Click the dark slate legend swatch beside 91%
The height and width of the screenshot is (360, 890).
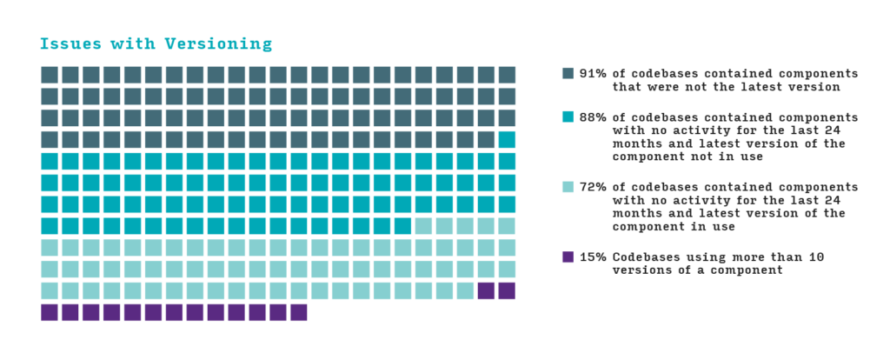[x=568, y=74]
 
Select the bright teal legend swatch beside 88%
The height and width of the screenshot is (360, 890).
[x=568, y=117]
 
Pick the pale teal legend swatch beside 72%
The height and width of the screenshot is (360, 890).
[x=568, y=187]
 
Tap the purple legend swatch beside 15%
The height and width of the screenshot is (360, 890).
[x=568, y=257]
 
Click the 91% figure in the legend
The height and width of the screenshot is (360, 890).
[x=593, y=74]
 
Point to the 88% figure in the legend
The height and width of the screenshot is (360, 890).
[x=593, y=117]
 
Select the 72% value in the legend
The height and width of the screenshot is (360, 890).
[x=593, y=187]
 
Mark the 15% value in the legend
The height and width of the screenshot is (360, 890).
[x=593, y=257]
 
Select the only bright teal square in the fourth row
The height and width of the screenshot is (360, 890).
[x=507, y=139]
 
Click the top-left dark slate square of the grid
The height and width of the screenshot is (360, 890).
[x=50, y=75]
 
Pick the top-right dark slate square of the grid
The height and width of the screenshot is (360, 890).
[x=507, y=75]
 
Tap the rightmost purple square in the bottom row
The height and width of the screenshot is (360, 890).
[x=298, y=312]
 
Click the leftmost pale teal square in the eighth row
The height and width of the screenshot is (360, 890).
[x=423, y=226]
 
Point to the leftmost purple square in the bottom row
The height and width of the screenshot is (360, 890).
[x=50, y=312]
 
